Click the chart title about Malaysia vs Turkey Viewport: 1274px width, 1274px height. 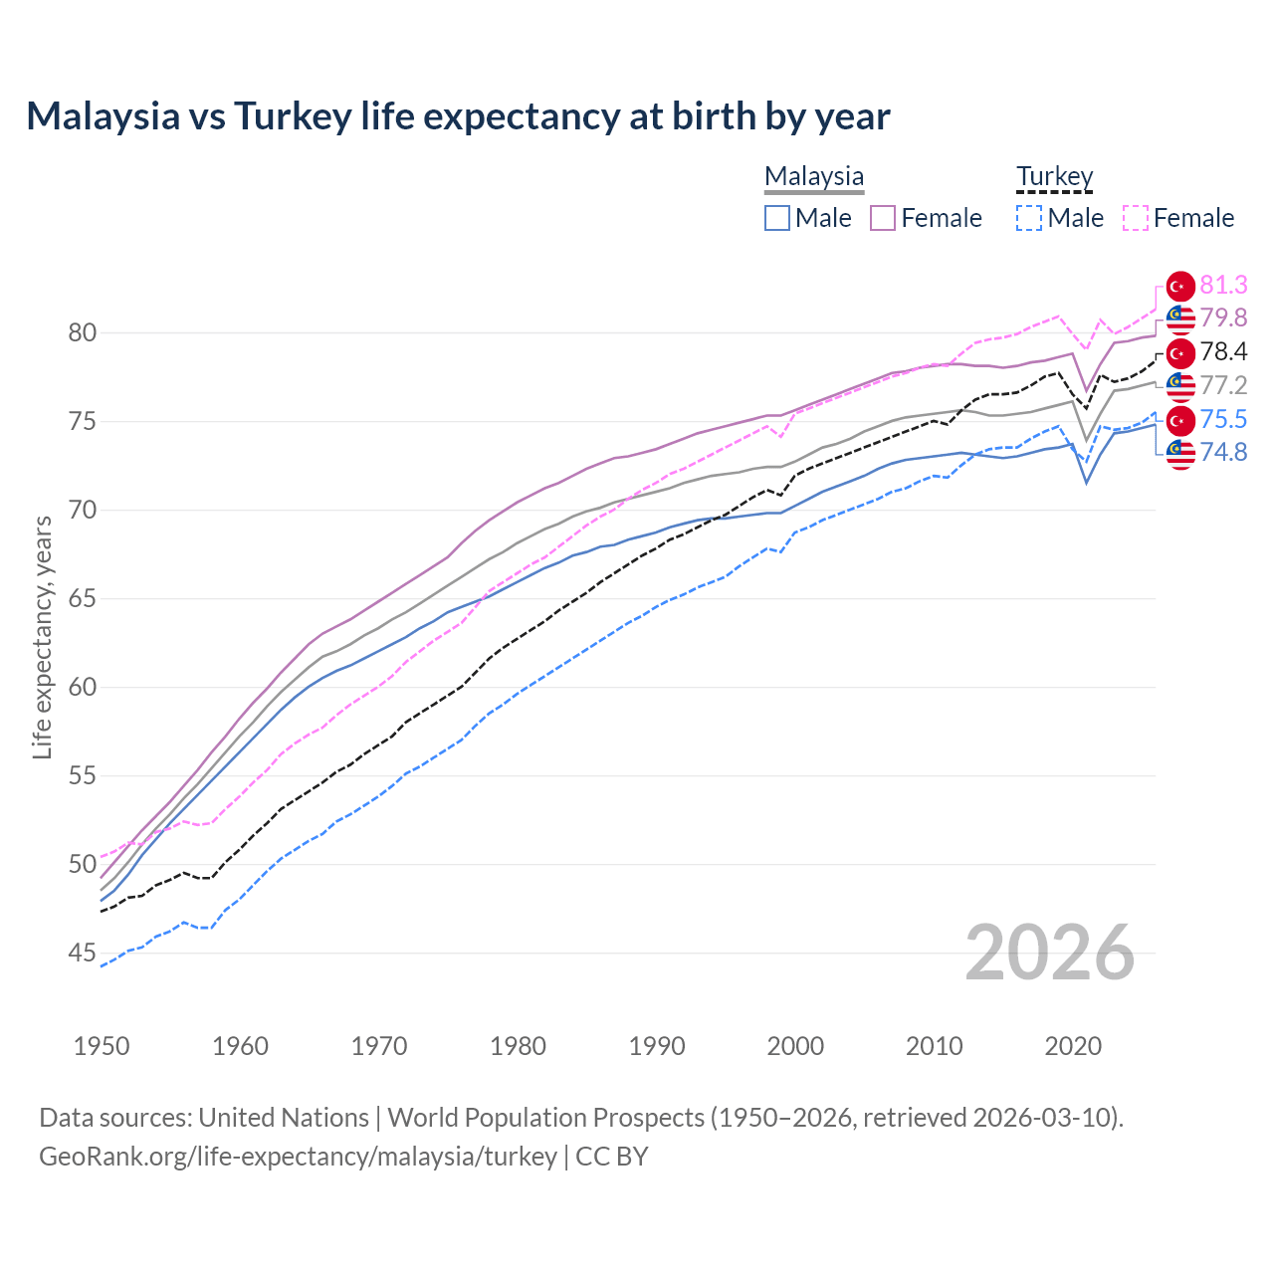click(x=458, y=116)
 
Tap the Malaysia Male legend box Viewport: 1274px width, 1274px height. click(x=777, y=218)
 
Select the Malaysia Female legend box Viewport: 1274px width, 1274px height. click(x=883, y=218)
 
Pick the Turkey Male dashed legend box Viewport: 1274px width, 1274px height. click(x=1029, y=218)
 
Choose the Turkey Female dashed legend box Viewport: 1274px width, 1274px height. click(x=1135, y=218)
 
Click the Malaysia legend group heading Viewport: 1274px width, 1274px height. click(x=814, y=177)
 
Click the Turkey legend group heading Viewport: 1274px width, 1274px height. click(x=1054, y=177)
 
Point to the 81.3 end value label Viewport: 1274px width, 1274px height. click(x=1223, y=286)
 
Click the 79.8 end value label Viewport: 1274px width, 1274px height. click(x=1223, y=318)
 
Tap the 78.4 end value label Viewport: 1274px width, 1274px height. click(x=1223, y=351)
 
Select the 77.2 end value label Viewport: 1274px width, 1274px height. click(x=1223, y=385)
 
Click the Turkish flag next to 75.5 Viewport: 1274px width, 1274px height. click(x=1180, y=420)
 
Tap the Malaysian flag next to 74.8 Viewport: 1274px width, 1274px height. click(x=1180, y=453)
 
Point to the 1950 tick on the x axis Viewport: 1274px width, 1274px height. click(x=103, y=1046)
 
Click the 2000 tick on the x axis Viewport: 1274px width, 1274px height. click(x=795, y=1046)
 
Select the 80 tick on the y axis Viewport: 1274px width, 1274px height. click(x=83, y=332)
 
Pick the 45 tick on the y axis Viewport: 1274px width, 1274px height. click(x=83, y=954)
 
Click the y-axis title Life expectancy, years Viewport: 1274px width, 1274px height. click(x=42, y=637)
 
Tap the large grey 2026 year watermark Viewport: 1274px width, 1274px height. click(x=1049, y=953)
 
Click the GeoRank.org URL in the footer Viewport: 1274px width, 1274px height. click(x=298, y=1157)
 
